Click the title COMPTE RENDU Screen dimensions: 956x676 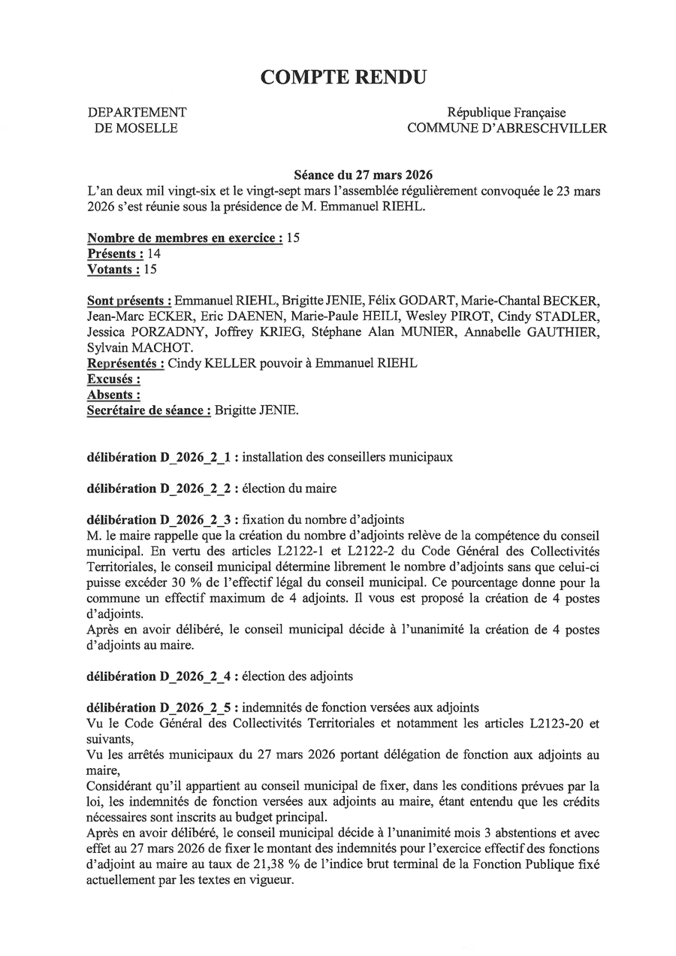[x=343, y=77]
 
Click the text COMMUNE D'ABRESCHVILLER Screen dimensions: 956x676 [x=507, y=129]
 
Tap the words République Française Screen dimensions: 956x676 [x=507, y=112]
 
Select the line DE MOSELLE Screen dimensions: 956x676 [x=136, y=129]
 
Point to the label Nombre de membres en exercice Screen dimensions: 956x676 [x=185, y=238]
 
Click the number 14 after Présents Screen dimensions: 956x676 [x=153, y=254]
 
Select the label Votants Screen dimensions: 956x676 [x=113, y=270]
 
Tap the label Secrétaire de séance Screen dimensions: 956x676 [x=149, y=410]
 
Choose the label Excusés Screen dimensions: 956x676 [x=113, y=380]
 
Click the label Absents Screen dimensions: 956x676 [x=113, y=395]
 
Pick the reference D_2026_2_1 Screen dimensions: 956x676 [x=195, y=457]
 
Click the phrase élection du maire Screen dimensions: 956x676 [x=290, y=489]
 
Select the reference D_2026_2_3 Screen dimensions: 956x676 [x=195, y=519]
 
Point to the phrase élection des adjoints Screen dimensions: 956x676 [x=298, y=676]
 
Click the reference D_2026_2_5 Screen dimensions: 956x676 [x=195, y=708]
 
